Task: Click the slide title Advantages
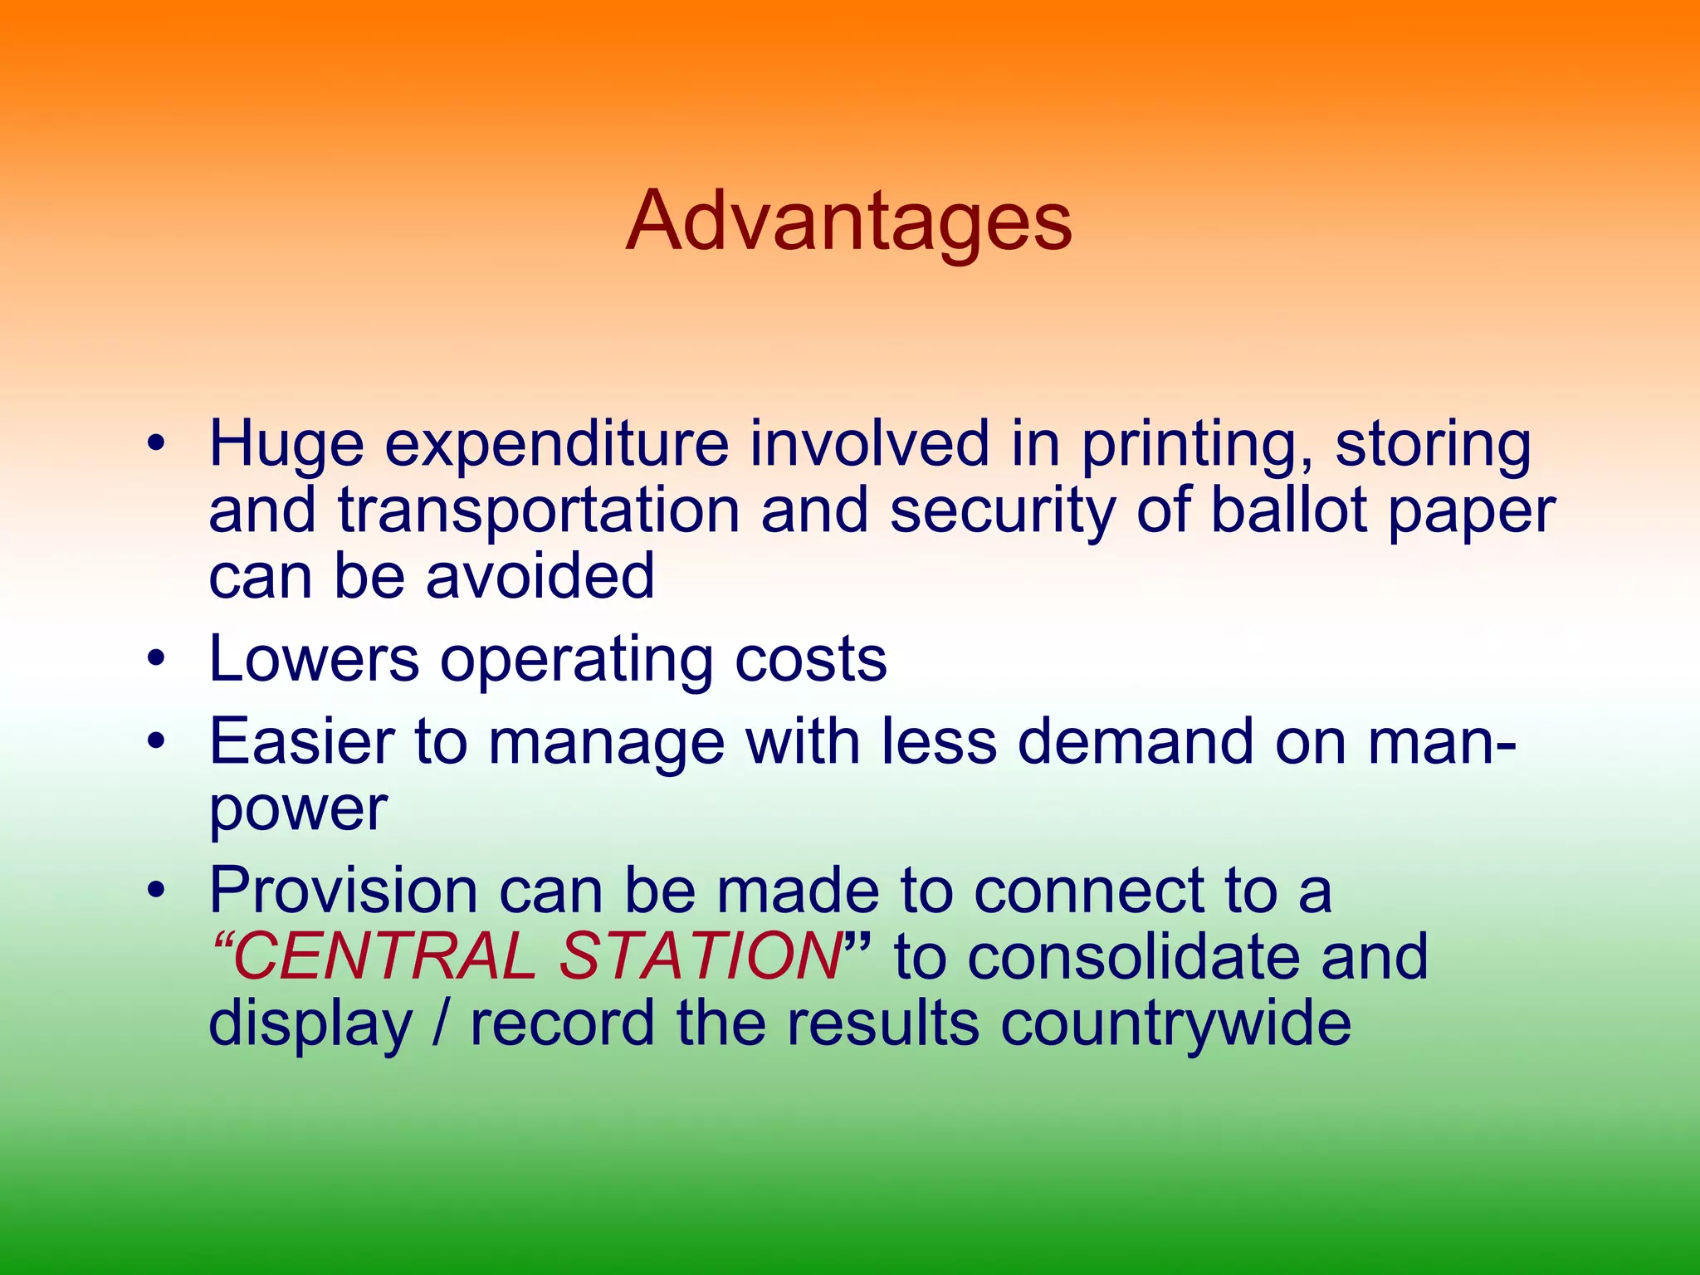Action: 848,222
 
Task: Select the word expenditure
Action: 556,445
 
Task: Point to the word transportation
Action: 539,510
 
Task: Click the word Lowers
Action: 314,659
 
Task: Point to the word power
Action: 298,809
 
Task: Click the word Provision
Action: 344,891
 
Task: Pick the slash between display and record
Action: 442,1023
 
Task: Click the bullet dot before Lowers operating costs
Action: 155,660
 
